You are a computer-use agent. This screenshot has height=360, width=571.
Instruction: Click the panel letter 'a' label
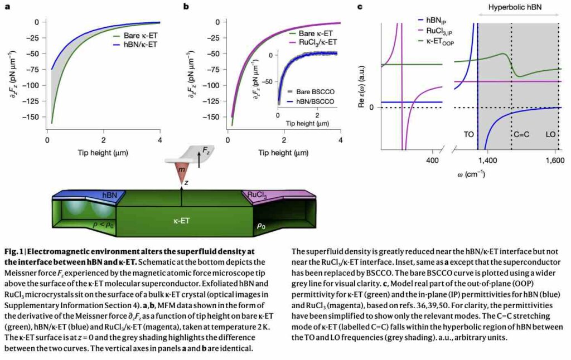coord(8,7)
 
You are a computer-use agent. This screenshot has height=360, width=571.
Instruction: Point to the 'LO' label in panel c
coord(550,134)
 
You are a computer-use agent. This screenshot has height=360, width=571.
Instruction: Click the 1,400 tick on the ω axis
coord(488,160)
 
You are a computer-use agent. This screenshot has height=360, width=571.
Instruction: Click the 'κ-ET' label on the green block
coord(182,221)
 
